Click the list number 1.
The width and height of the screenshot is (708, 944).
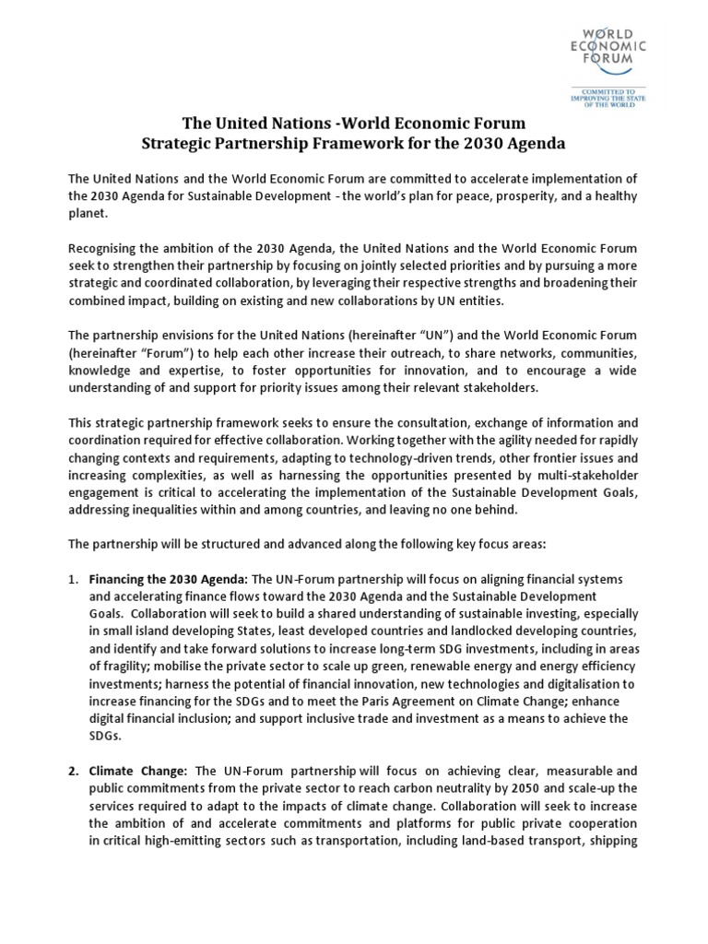tap(74, 579)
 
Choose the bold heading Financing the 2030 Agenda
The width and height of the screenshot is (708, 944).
tap(169, 579)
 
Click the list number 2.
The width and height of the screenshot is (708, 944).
tap(74, 769)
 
